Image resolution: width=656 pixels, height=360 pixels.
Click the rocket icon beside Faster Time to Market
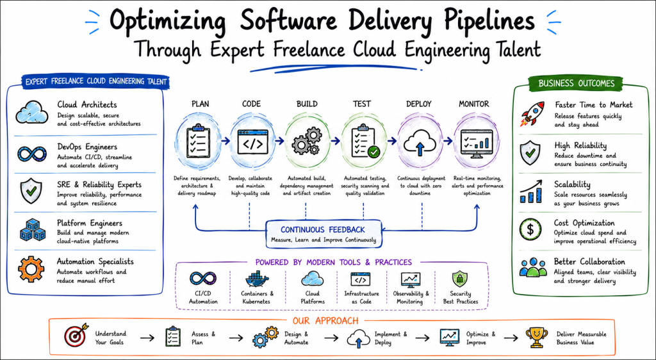click(532, 113)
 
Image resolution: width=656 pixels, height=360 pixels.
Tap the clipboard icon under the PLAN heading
click(198, 141)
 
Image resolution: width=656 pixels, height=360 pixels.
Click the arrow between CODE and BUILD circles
click(279, 141)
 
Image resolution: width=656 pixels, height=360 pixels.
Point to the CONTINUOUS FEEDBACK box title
click(323, 229)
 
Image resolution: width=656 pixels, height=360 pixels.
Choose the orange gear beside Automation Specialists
click(31, 269)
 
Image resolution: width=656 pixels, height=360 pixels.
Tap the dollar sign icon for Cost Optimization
click(530, 229)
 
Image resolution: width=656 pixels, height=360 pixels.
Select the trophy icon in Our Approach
click(536, 338)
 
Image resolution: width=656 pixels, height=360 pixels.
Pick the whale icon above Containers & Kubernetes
click(256, 279)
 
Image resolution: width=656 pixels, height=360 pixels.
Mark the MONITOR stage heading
click(473, 104)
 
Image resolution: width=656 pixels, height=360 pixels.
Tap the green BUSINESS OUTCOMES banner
click(576, 83)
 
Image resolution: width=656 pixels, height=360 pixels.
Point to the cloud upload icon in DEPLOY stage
click(420, 142)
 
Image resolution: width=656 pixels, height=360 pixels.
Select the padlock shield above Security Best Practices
click(459, 279)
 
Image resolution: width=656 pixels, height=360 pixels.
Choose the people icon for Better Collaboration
click(533, 267)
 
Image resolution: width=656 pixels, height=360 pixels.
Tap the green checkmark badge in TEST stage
click(373, 152)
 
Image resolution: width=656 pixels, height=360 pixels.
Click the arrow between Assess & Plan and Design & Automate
click(236, 338)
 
